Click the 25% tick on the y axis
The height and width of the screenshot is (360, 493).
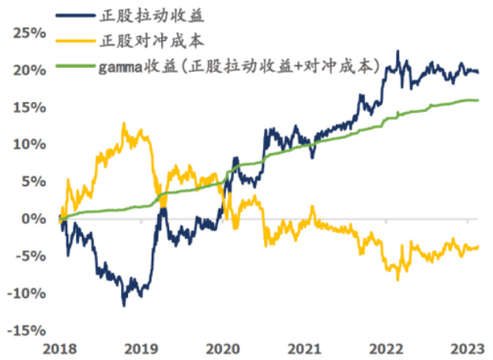[x=30, y=32]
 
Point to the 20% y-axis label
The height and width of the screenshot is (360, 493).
[x=30, y=69]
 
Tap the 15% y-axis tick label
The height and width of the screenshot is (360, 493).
[x=30, y=107]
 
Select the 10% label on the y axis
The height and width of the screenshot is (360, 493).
[x=30, y=144]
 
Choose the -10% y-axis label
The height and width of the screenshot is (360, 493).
[x=28, y=293]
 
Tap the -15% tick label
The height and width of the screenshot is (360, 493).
[x=28, y=330]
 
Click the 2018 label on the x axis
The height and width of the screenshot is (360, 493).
[x=59, y=347]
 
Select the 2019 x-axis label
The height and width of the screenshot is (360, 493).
[x=141, y=347]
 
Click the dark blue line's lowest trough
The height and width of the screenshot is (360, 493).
[x=123, y=305]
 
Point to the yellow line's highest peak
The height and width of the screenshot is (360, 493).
[x=123, y=124]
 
